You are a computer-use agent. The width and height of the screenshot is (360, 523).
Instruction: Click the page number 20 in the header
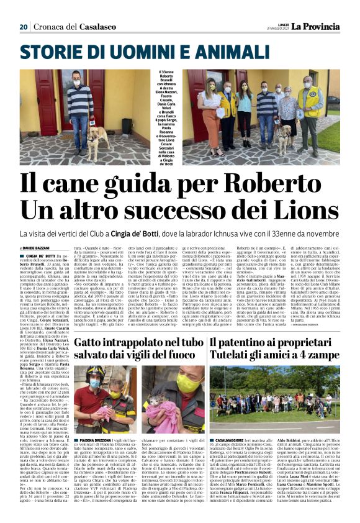(x=24, y=27)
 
